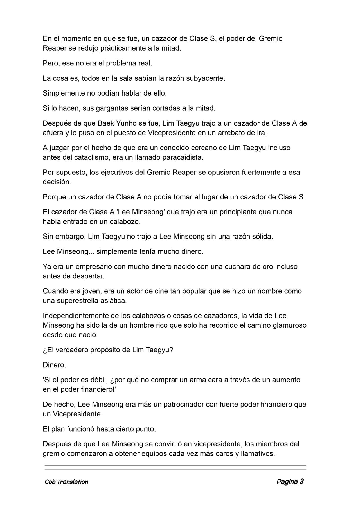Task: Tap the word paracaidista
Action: click(x=183, y=157)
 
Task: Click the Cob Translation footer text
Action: click(x=66, y=482)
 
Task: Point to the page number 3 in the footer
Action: click(x=301, y=482)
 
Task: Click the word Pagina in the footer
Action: click(x=287, y=482)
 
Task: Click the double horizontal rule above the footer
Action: click(x=175, y=467)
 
